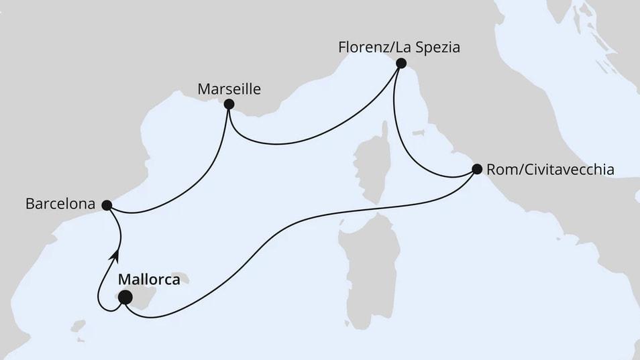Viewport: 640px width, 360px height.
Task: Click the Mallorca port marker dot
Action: tap(125, 298)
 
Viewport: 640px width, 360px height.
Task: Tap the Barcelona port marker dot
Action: tap(107, 204)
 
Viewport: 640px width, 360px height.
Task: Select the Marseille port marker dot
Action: tap(229, 104)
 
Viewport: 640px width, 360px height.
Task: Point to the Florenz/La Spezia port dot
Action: tap(401, 64)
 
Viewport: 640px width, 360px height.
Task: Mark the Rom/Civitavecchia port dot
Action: tap(477, 169)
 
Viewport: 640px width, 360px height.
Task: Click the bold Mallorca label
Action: tap(149, 280)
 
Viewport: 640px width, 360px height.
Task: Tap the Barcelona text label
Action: tap(58, 204)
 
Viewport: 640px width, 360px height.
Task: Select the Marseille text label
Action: tap(229, 88)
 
